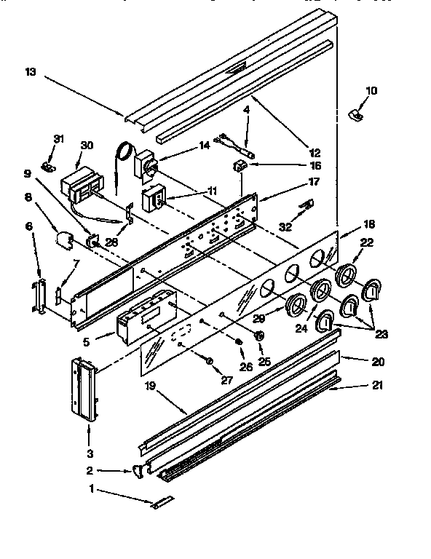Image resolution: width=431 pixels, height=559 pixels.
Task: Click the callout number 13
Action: [29, 71]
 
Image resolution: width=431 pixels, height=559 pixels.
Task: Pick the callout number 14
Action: [205, 145]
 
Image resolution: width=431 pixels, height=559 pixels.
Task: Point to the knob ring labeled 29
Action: [297, 306]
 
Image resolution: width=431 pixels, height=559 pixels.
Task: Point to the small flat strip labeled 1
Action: [162, 503]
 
